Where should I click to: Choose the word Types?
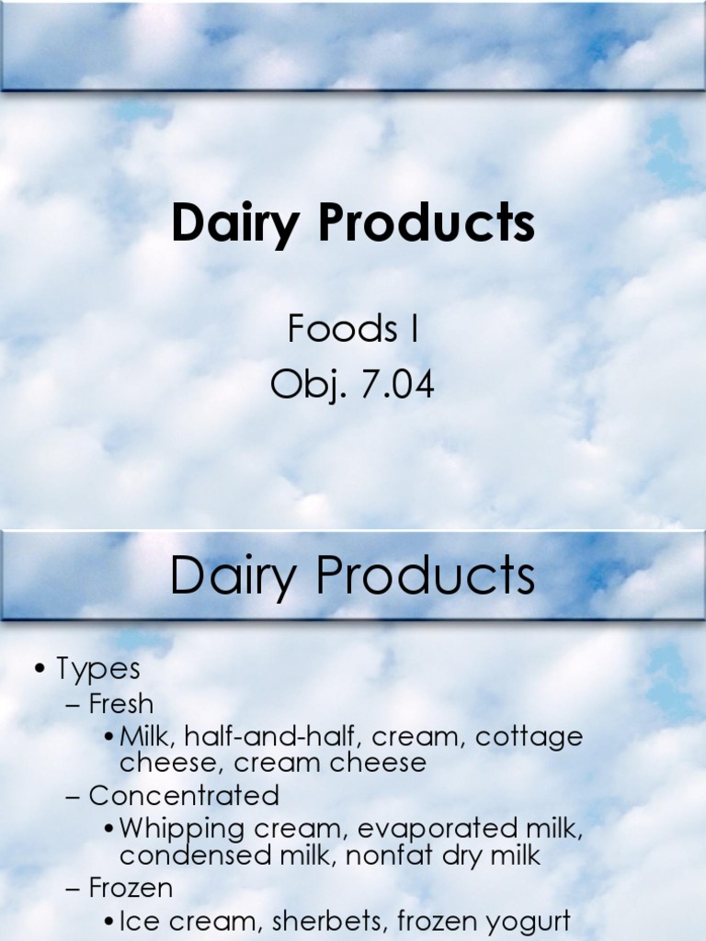tap(98, 668)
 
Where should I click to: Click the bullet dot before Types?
tap(40, 669)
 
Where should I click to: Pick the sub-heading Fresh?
tap(121, 704)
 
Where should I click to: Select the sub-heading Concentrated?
tap(184, 795)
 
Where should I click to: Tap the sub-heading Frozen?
tap(131, 888)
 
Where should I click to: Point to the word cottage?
tap(529, 736)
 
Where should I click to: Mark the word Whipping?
tap(182, 829)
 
